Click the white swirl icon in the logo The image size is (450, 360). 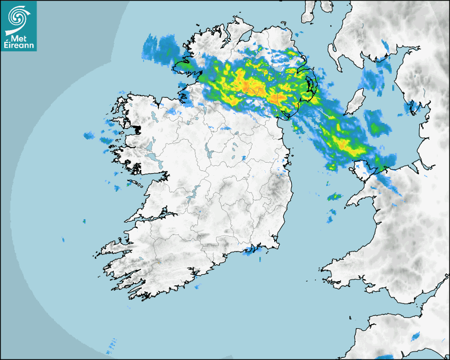coord(19,17)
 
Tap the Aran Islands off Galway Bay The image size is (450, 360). coord(135,184)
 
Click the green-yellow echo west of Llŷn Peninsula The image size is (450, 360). coord(334,197)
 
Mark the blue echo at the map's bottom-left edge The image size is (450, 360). coord(111,347)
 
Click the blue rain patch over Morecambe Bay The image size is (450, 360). coord(411,109)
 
